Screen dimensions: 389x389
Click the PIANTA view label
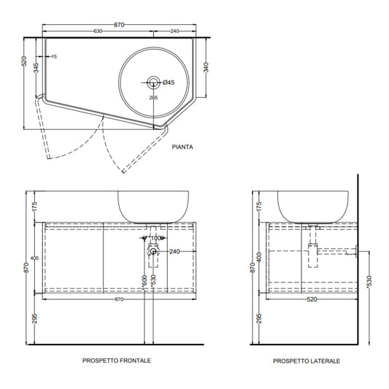pos(182,147)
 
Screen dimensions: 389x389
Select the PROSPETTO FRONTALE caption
pos(117,361)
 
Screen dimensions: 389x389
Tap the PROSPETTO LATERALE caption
pos(307,361)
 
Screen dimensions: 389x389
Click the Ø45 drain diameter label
pos(169,82)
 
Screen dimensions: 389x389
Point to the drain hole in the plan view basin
pos(153,82)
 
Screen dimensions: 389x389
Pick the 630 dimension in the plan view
pos(98,31)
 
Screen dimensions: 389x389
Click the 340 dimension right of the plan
pos(206,67)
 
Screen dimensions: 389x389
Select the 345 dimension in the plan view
pos(36,68)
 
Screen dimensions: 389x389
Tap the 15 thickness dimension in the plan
pos(54,57)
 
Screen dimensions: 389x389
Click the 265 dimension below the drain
pos(153,98)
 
